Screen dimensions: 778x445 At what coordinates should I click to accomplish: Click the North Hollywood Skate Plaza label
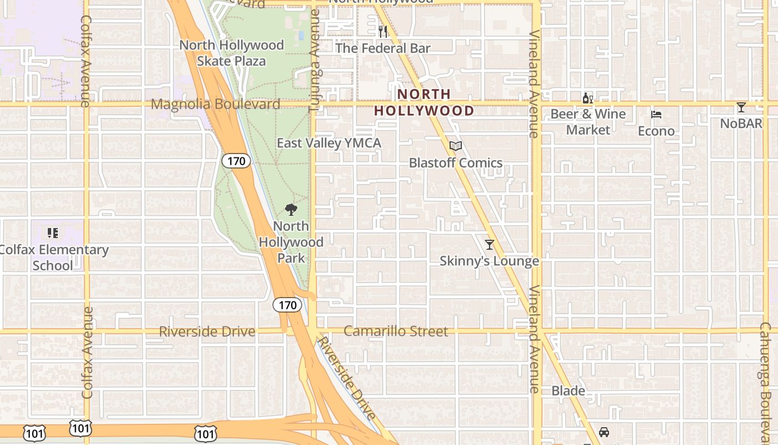click(231, 53)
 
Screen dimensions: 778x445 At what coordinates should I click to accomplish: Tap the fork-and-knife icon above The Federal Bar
click(382, 31)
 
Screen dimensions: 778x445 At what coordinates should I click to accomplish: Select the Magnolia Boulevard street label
click(215, 104)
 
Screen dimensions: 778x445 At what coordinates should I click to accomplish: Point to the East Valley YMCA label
click(329, 143)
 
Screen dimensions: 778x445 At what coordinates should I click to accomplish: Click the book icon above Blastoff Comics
click(456, 146)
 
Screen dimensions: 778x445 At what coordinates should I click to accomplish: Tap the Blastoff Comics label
click(456, 163)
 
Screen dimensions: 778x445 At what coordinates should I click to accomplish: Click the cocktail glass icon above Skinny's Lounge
click(490, 244)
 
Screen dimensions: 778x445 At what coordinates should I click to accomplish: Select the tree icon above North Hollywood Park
click(291, 210)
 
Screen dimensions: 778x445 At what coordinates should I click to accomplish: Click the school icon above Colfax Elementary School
click(53, 233)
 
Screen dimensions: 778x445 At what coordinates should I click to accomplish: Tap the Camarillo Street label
click(396, 332)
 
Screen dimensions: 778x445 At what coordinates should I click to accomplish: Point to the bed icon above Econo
click(656, 115)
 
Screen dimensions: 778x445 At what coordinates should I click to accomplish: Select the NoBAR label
click(741, 123)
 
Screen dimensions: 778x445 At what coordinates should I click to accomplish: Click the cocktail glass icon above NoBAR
click(741, 107)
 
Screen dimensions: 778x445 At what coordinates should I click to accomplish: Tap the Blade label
click(568, 391)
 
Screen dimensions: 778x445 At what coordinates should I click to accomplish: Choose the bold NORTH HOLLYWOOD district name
click(424, 102)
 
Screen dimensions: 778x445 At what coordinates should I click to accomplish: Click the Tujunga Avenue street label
click(314, 61)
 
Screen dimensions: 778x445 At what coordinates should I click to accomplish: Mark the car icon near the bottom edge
click(604, 432)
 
